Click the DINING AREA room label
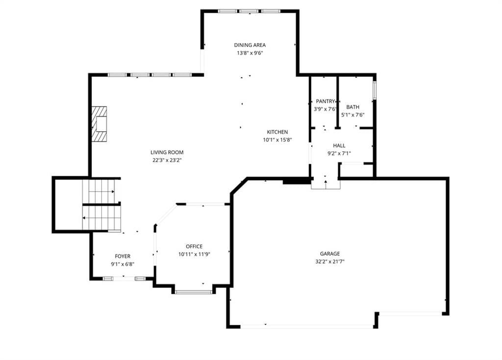250,45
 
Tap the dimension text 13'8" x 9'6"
250,53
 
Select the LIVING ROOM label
167,152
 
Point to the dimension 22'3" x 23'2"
167,160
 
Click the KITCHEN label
277,132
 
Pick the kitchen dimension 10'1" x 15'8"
277,140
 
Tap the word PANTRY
326,101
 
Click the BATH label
353,107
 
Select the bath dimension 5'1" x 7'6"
353,115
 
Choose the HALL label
339,145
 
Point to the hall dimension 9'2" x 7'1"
339,153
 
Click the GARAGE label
330,254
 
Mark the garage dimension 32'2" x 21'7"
330,262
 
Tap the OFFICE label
194,246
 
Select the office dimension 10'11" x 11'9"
194,254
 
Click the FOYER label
123,256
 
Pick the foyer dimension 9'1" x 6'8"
123,264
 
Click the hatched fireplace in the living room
99,124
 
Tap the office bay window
194,291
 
